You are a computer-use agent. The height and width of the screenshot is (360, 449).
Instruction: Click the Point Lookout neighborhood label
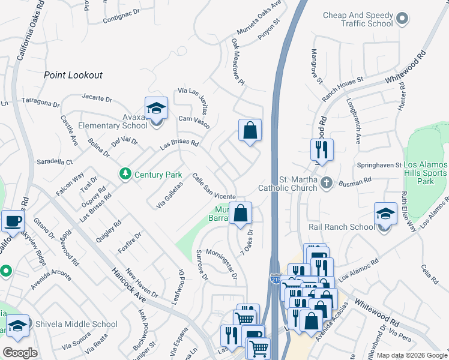[x=73, y=75]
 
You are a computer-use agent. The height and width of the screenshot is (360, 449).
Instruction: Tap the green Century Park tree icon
[x=125, y=175]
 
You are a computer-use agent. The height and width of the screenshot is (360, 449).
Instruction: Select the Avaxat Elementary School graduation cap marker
[x=156, y=109]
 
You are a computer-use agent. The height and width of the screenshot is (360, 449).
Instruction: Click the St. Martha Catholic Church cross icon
[x=326, y=182]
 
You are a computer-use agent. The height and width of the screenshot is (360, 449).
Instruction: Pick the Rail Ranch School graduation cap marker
[x=385, y=214]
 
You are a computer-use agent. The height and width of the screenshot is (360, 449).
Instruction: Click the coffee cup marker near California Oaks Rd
[x=13, y=221]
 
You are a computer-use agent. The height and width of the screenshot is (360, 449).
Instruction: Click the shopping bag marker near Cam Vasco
[x=250, y=130]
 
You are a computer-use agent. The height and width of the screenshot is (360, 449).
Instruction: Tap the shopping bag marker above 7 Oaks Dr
[x=240, y=213]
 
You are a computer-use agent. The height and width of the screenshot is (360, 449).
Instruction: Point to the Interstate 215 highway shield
[x=275, y=279]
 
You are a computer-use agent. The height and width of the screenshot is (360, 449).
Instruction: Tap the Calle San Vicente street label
[x=213, y=187]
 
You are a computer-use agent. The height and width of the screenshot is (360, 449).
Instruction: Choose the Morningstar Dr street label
[x=221, y=265]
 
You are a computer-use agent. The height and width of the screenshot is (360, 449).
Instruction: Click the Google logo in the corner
[x=20, y=352]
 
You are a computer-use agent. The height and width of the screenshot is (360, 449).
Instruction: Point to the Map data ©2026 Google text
[x=411, y=355]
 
